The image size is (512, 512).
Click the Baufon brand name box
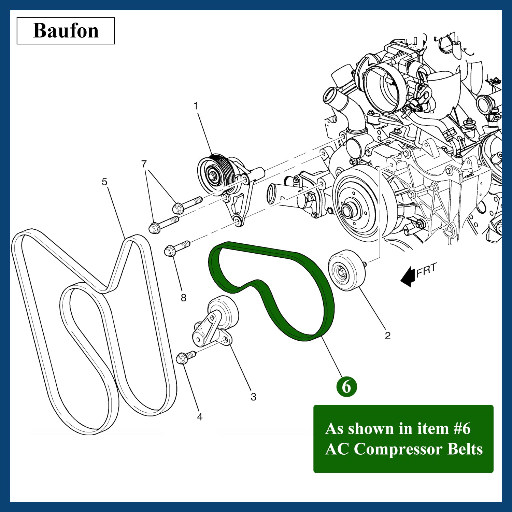tap(66, 31)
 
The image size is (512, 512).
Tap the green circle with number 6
tap(346, 387)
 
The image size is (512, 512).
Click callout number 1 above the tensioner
tap(196, 106)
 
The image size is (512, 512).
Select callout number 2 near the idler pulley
tap(387, 336)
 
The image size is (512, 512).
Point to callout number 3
tap(253, 397)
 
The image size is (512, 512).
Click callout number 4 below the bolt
tap(200, 417)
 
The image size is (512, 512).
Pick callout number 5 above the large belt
tap(104, 182)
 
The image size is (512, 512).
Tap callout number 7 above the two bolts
tap(144, 164)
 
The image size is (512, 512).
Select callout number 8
tap(184, 298)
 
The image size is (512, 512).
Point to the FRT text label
tap(426, 269)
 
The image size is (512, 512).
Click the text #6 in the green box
tap(462, 429)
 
